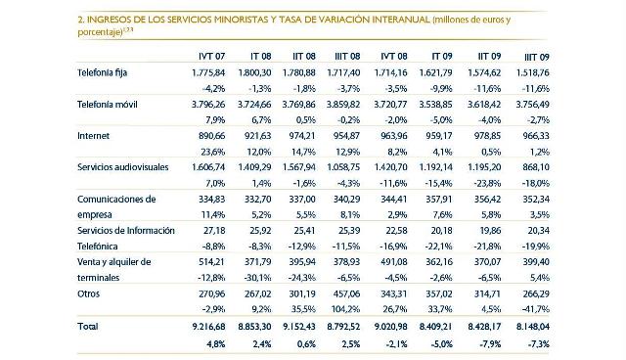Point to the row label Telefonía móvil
(x=109, y=106)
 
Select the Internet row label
(x=94, y=137)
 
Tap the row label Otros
(x=89, y=293)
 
